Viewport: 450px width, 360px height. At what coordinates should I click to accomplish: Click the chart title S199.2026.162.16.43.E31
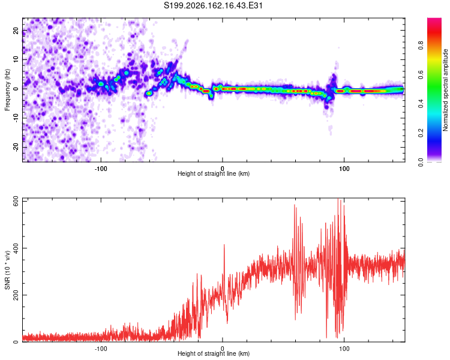213,5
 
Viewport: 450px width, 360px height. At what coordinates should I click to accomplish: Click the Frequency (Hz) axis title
7,90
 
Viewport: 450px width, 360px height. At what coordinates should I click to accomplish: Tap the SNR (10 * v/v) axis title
7,270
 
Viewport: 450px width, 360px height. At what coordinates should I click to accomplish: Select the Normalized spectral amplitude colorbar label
445,90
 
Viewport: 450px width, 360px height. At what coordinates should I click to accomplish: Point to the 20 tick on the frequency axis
16,30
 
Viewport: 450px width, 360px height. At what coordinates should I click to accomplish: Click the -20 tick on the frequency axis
16,147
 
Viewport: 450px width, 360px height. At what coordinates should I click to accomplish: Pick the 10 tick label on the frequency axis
16,59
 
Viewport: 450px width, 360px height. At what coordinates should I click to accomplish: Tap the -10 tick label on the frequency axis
16,118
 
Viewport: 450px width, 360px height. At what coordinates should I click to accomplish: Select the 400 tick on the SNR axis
16,248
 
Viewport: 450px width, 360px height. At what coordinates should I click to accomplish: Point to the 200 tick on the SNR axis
16,295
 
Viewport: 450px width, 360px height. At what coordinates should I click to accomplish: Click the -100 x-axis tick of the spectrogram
101,169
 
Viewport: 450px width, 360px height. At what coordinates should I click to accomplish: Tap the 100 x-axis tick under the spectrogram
344,169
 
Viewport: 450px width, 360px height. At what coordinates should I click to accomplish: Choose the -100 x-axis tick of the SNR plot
101,349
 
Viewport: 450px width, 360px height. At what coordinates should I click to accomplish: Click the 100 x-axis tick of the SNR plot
344,349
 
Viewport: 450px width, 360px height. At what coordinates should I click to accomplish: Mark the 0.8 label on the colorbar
421,46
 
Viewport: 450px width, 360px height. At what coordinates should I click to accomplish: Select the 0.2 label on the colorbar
421,133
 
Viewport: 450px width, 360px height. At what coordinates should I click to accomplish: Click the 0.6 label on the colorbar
421,74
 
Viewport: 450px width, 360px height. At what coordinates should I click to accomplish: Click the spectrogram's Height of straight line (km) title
214,173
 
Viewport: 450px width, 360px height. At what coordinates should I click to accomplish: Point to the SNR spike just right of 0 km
224,245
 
